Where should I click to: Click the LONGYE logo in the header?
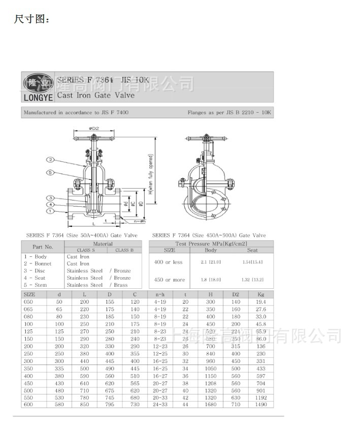point(37,87)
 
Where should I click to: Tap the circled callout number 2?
point(51,159)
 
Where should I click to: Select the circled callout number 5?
point(51,173)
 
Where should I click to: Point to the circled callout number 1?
point(50,211)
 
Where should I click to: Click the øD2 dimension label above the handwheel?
point(93,128)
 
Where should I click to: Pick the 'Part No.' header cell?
point(43,247)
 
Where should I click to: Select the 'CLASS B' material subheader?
point(124,250)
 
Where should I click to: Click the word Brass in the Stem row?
point(121,285)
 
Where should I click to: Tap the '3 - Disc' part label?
point(34,271)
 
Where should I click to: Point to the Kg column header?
point(261,294)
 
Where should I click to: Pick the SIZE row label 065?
point(29,309)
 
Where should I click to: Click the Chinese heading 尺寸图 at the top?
point(32,20)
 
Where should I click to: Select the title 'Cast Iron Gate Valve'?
point(95,95)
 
